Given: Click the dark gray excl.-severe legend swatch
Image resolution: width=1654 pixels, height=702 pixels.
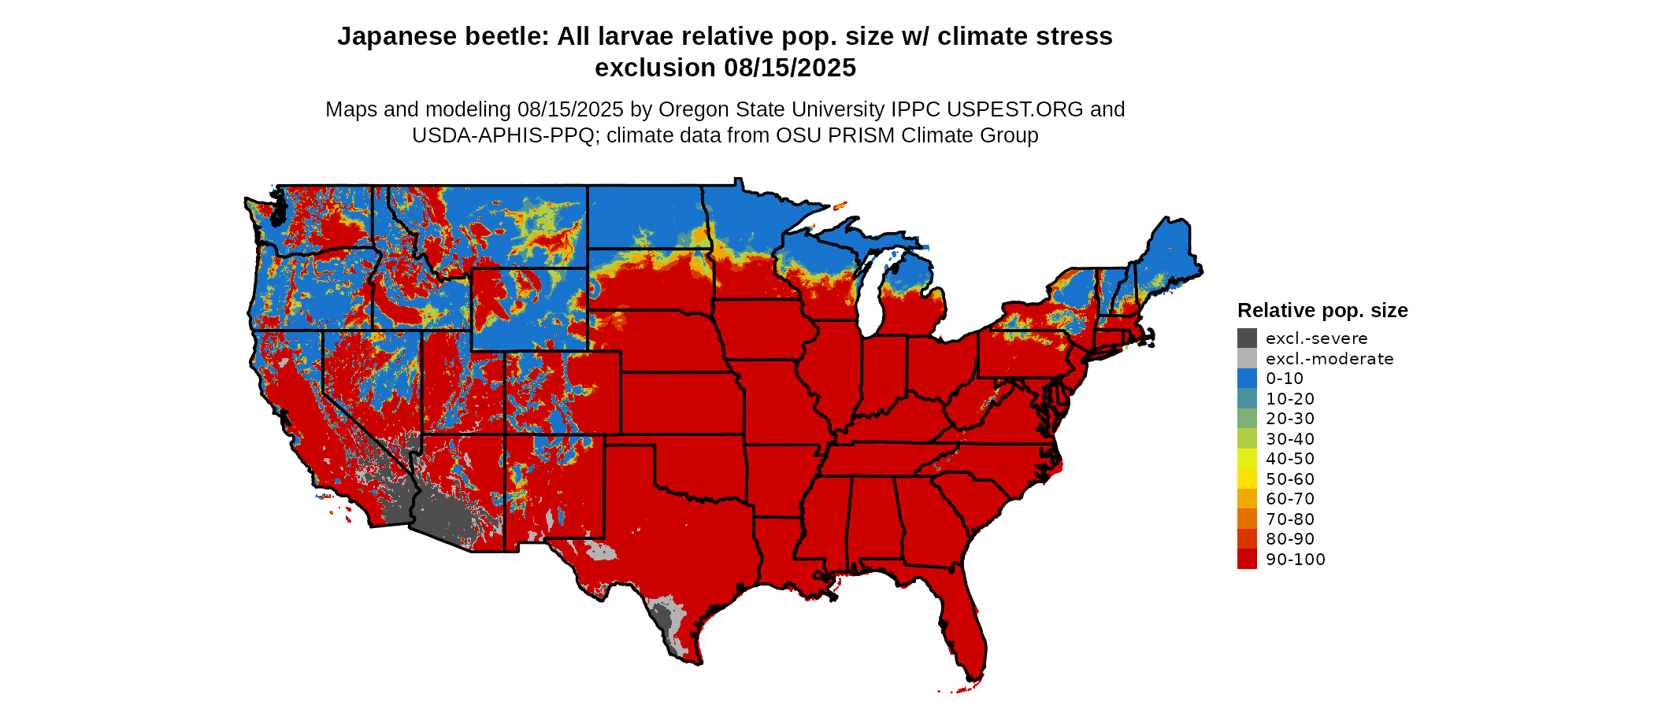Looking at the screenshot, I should [x=1247, y=338].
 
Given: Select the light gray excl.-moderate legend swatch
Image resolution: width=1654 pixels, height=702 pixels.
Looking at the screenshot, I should [x=1247, y=359].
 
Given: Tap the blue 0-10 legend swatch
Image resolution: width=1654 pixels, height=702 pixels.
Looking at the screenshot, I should [x=1247, y=379].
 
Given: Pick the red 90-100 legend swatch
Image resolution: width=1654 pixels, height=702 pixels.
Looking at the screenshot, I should [x=1247, y=559].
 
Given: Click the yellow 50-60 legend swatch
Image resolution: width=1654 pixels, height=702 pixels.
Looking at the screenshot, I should [x=1247, y=478].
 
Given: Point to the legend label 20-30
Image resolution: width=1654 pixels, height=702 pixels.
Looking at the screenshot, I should [x=1290, y=419].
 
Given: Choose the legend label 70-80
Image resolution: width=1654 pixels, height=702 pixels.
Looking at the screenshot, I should [x=1290, y=519].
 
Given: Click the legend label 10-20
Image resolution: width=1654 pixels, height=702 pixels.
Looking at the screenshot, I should [x=1290, y=399].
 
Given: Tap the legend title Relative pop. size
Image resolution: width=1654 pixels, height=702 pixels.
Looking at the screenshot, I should [x=1322, y=310].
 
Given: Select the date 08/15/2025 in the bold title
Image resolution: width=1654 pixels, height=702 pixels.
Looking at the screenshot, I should [x=790, y=68].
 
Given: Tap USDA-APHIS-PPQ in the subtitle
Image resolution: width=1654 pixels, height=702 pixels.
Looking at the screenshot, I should [x=503, y=135].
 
